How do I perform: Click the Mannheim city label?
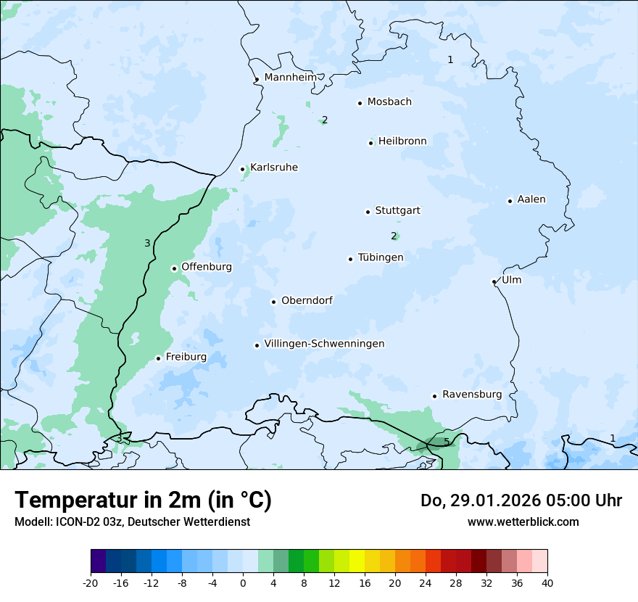pos(290,77)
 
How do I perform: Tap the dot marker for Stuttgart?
pos(368,212)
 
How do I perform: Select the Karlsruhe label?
pos(274,168)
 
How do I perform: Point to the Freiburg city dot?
pos(158,358)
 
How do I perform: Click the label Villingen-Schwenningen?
pos(324,344)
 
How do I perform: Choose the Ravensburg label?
pos(472,395)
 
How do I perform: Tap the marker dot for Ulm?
pos(494,281)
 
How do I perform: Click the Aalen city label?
pos(531,199)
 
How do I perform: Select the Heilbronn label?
pos(402,141)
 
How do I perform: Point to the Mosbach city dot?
pos(360,103)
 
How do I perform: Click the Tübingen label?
pos(381,257)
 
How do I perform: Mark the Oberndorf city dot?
pos(273,302)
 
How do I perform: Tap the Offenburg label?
pos(207,267)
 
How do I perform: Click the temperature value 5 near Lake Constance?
pos(447,442)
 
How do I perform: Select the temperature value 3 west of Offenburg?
pos(147,243)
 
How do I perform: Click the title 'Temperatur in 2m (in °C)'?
pos(143,500)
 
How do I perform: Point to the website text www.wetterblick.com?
pos(523,521)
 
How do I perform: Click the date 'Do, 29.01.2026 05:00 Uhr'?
pos(521,500)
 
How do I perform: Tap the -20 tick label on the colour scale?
pos(91,582)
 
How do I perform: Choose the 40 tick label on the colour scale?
pos(547,582)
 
